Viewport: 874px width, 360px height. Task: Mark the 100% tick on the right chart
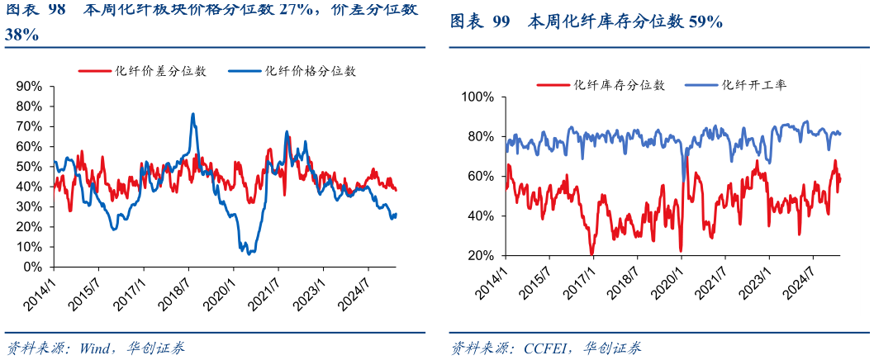477,97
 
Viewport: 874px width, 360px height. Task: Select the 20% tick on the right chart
480,256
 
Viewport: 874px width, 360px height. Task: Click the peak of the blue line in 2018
193,114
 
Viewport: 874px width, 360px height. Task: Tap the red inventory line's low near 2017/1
591,253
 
